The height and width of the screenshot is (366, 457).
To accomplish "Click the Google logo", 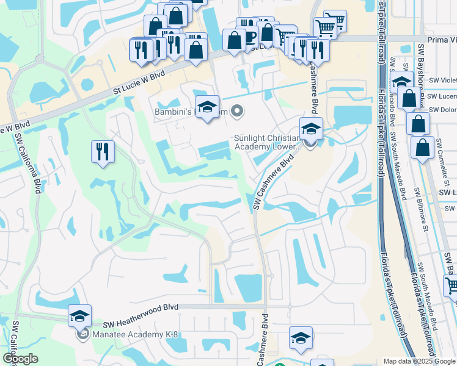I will [20, 359].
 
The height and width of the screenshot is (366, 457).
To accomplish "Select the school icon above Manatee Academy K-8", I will [80, 316].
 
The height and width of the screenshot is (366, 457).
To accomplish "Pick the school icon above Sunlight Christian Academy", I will [311, 129].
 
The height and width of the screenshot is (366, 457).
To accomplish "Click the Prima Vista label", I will [442, 39].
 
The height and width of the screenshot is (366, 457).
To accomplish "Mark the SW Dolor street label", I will [442, 110].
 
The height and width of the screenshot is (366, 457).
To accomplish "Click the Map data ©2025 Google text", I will [419, 361].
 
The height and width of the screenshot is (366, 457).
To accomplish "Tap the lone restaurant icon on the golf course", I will [103, 151].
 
